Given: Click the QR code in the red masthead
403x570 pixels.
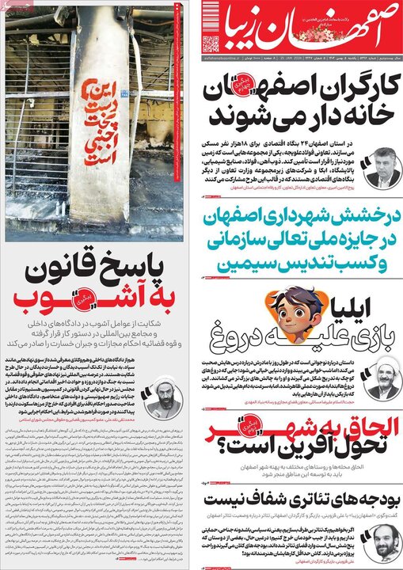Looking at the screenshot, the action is tap(211, 44).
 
